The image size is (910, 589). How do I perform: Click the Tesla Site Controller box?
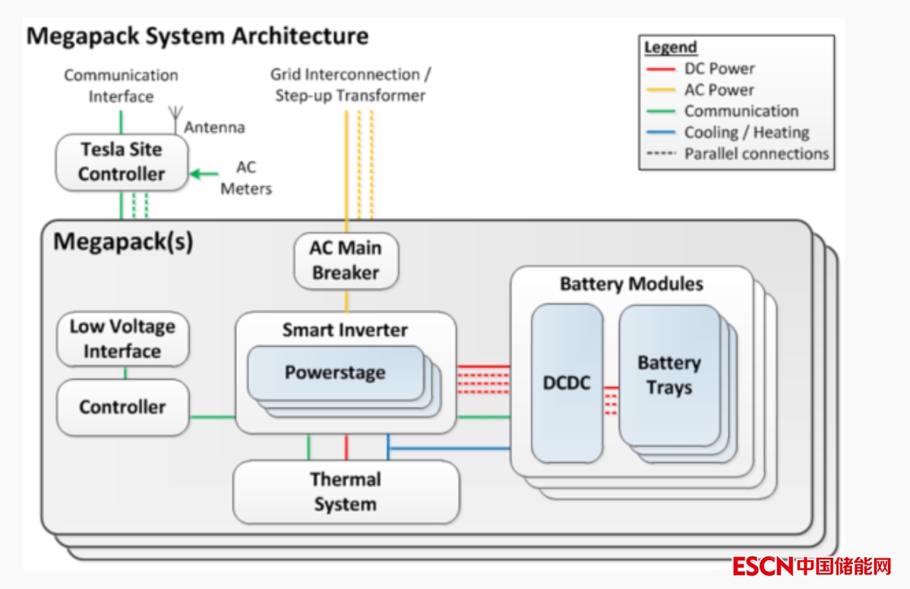[x=122, y=162]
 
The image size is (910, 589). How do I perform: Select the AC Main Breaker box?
[x=346, y=260]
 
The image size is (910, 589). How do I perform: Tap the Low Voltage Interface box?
[x=122, y=339]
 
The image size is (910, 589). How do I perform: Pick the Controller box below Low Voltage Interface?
[x=122, y=408]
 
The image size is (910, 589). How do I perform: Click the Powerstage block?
[x=335, y=373]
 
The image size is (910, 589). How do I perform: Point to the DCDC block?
[x=567, y=383]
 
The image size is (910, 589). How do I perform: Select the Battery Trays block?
[x=668, y=375]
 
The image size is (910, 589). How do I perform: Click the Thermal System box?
[x=346, y=492]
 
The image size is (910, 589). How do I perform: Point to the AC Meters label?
[x=246, y=178]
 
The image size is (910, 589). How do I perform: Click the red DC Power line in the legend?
[x=659, y=69]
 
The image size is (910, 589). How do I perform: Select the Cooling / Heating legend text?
[x=746, y=133]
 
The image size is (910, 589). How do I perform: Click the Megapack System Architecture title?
[x=197, y=36]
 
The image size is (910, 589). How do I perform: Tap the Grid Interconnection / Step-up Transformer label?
[x=350, y=85]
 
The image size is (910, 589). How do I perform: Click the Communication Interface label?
[x=121, y=86]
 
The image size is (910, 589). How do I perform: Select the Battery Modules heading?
[x=631, y=285]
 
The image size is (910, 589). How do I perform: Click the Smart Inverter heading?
[x=345, y=330]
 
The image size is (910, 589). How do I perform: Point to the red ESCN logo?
[x=763, y=566]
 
